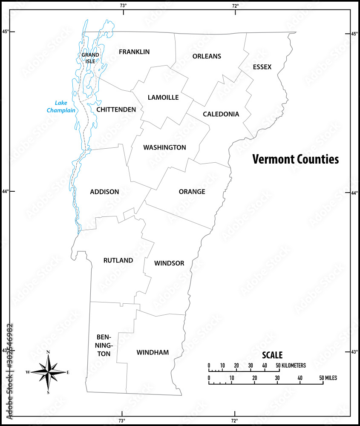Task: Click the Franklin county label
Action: click(x=134, y=52)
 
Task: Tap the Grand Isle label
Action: click(x=90, y=58)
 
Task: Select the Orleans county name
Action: click(x=207, y=56)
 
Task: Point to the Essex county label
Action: click(x=262, y=67)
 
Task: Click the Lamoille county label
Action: click(x=163, y=98)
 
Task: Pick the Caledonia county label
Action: click(x=221, y=114)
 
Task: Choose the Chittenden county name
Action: click(x=116, y=110)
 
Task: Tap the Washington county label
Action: click(x=164, y=148)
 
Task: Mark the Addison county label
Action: click(x=104, y=192)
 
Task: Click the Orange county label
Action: click(x=192, y=192)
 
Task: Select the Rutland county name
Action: click(x=118, y=260)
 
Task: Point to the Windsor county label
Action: click(x=169, y=263)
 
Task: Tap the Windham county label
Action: click(x=153, y=353)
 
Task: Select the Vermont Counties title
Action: click(x=295, y=159)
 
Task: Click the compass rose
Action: click(x=48, y=372)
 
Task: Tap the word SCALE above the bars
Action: click(x=272, y=355)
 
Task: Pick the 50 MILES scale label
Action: click(x=328, y=378)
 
